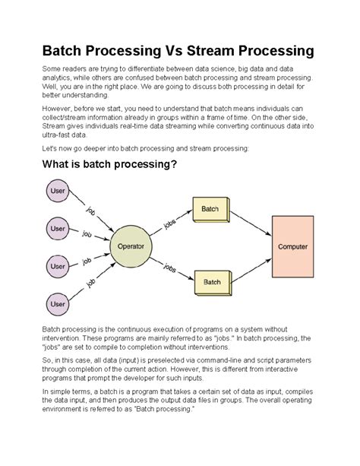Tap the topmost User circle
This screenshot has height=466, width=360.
tap(58, 192)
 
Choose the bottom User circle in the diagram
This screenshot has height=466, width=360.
tap(58, 305)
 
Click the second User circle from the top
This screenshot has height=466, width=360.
tap(58, 228)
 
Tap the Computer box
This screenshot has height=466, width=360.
tap(292, 246)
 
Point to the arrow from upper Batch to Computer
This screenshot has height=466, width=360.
tap(251, 220)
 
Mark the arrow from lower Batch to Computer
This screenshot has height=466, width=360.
tap(251, 270)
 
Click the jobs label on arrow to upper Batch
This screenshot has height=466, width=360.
tap(172, 222)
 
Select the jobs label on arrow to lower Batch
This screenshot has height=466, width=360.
tap(172, 268)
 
